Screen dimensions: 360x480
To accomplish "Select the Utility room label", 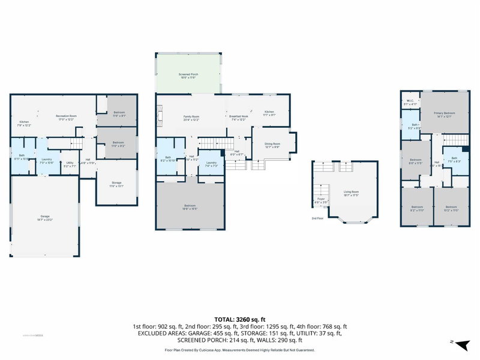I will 70,163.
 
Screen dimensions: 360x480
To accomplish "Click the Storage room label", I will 116,184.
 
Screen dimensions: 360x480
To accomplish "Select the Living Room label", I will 351,194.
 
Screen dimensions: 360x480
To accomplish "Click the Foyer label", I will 321,200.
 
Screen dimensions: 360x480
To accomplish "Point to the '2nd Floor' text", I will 317,218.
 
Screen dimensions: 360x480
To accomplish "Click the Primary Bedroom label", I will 445,115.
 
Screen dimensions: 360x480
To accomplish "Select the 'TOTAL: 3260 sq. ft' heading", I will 240,319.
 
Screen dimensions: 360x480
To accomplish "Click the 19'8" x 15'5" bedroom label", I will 190,209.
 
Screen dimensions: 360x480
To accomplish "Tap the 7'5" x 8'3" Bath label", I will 454,160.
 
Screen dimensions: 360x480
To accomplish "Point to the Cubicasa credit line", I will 240,350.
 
